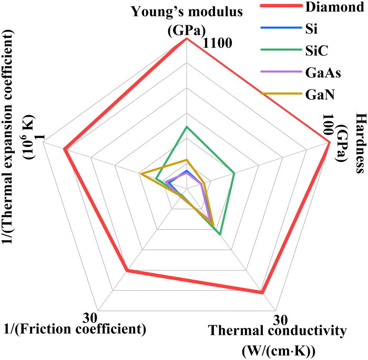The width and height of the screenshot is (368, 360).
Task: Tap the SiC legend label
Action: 315,51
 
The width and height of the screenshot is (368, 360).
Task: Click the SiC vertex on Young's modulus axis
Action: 187,127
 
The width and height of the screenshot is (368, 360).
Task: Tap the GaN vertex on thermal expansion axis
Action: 140,173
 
